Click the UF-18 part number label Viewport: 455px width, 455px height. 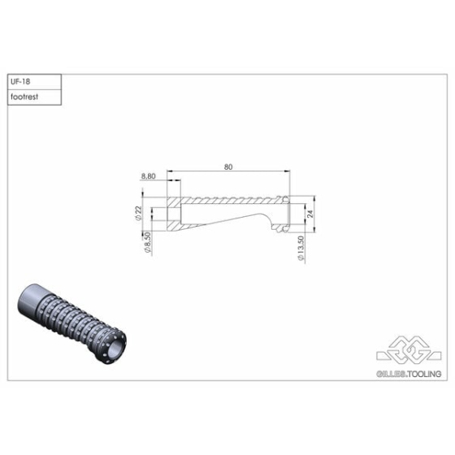point(23,82)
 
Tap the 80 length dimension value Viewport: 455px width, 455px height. point(228,167)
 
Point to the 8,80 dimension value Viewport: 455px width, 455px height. point(149,176)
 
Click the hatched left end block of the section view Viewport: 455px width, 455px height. point(174,213)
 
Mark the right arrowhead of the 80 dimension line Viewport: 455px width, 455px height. point(287,171)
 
